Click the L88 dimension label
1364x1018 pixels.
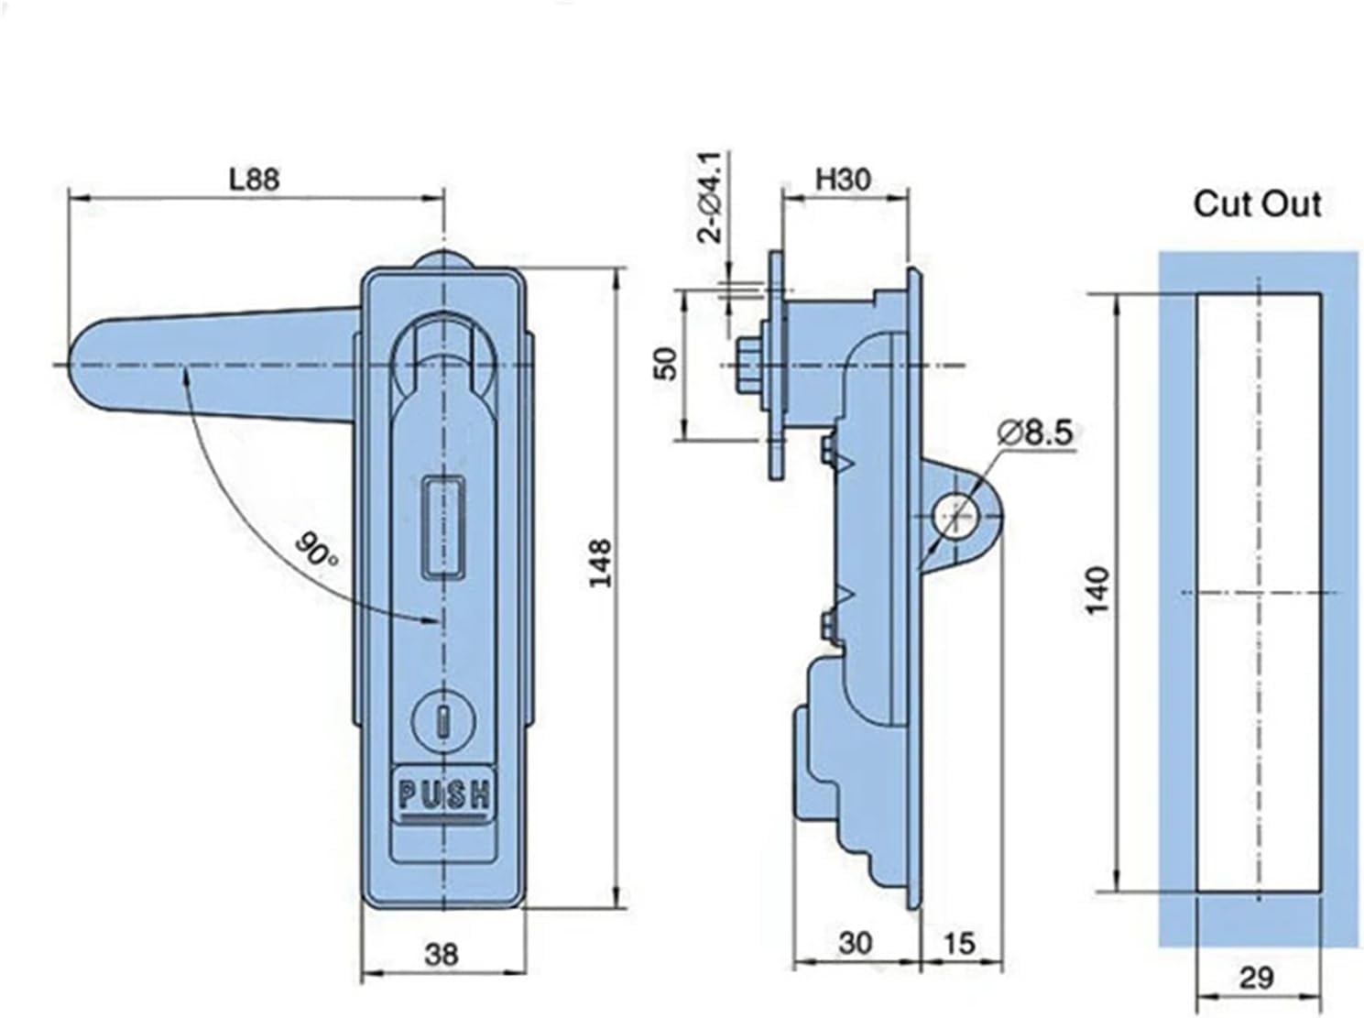tap(254, 179)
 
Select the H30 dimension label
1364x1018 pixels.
tap(842, 180)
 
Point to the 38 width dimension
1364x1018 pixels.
tap(442, 955)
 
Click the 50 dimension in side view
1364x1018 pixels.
tap(669, 364)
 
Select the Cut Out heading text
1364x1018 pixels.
tap(1257, 203)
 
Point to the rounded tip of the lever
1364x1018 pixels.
tap(87, 365)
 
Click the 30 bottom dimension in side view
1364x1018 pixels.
tap(855, 943)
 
